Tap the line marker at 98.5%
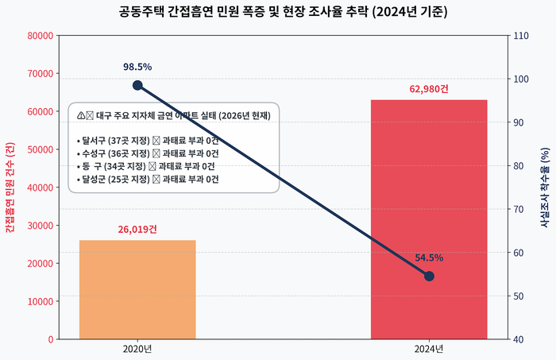click(137, 85)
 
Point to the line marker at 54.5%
click(429, 276)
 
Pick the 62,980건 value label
click(429, 88)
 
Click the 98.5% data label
click(137, 67)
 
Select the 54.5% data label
click(429, 257)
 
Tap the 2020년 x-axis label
click(137, 349)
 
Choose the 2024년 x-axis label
click(429, 349)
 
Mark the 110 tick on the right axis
click(522, 36)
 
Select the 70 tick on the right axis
click(519, 209)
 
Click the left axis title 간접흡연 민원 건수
click(10, 188)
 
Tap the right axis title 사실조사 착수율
click(546, 188)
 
